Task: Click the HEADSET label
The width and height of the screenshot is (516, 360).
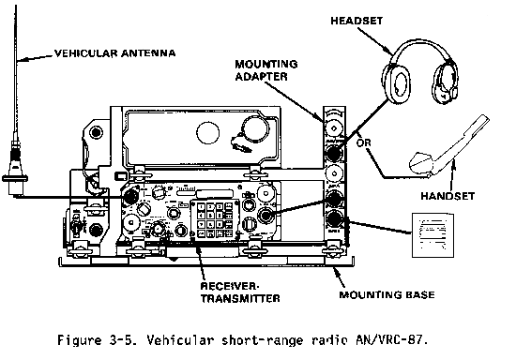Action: pyautogui.click(x=357, y=21)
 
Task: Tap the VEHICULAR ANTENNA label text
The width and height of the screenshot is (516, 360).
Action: pyautogui.click(x=114, y=53)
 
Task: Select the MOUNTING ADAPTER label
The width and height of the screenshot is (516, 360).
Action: pyautogui.click(x=266, y=70)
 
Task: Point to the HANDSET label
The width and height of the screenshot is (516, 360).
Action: pyautogui.click(x=448, y=196)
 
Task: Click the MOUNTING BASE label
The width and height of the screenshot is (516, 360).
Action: pyautogui.click(x=387, y=294)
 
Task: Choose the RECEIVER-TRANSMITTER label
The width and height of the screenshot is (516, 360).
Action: pyautogui.click(x=240, y=292)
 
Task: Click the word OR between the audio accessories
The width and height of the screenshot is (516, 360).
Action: pyautogui.click(x=363, y=143)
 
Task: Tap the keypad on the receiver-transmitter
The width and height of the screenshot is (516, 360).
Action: pyautogui.click(x=215, y=219)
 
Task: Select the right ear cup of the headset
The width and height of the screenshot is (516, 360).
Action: pyautogui.click(x=445, y=82)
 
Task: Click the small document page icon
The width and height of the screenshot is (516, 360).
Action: pyautogui.click(x=433, y=235)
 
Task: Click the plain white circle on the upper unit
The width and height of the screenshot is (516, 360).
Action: pyautogui.click(x=207, y=133)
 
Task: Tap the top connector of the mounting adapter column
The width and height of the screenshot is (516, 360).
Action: pyautogui.click(x=334, y=127)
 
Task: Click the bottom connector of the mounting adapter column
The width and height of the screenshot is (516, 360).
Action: pyautogui.click(x=334, y=218)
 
